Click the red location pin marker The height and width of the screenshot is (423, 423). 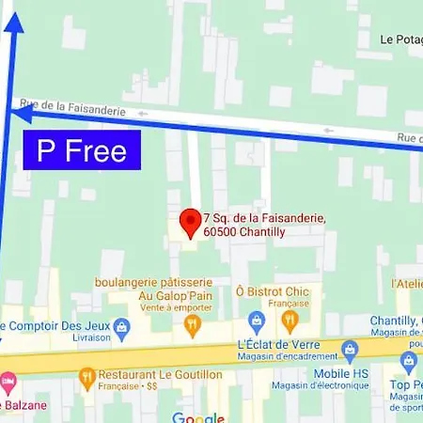[x=189, y=222]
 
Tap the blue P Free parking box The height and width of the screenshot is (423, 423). [x=82, y=150]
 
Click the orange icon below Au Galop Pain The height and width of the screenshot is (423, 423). [x=193, y=325]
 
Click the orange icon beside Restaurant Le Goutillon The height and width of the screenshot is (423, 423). [x=87, y=374]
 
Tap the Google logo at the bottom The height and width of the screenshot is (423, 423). [x=198, y=417]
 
